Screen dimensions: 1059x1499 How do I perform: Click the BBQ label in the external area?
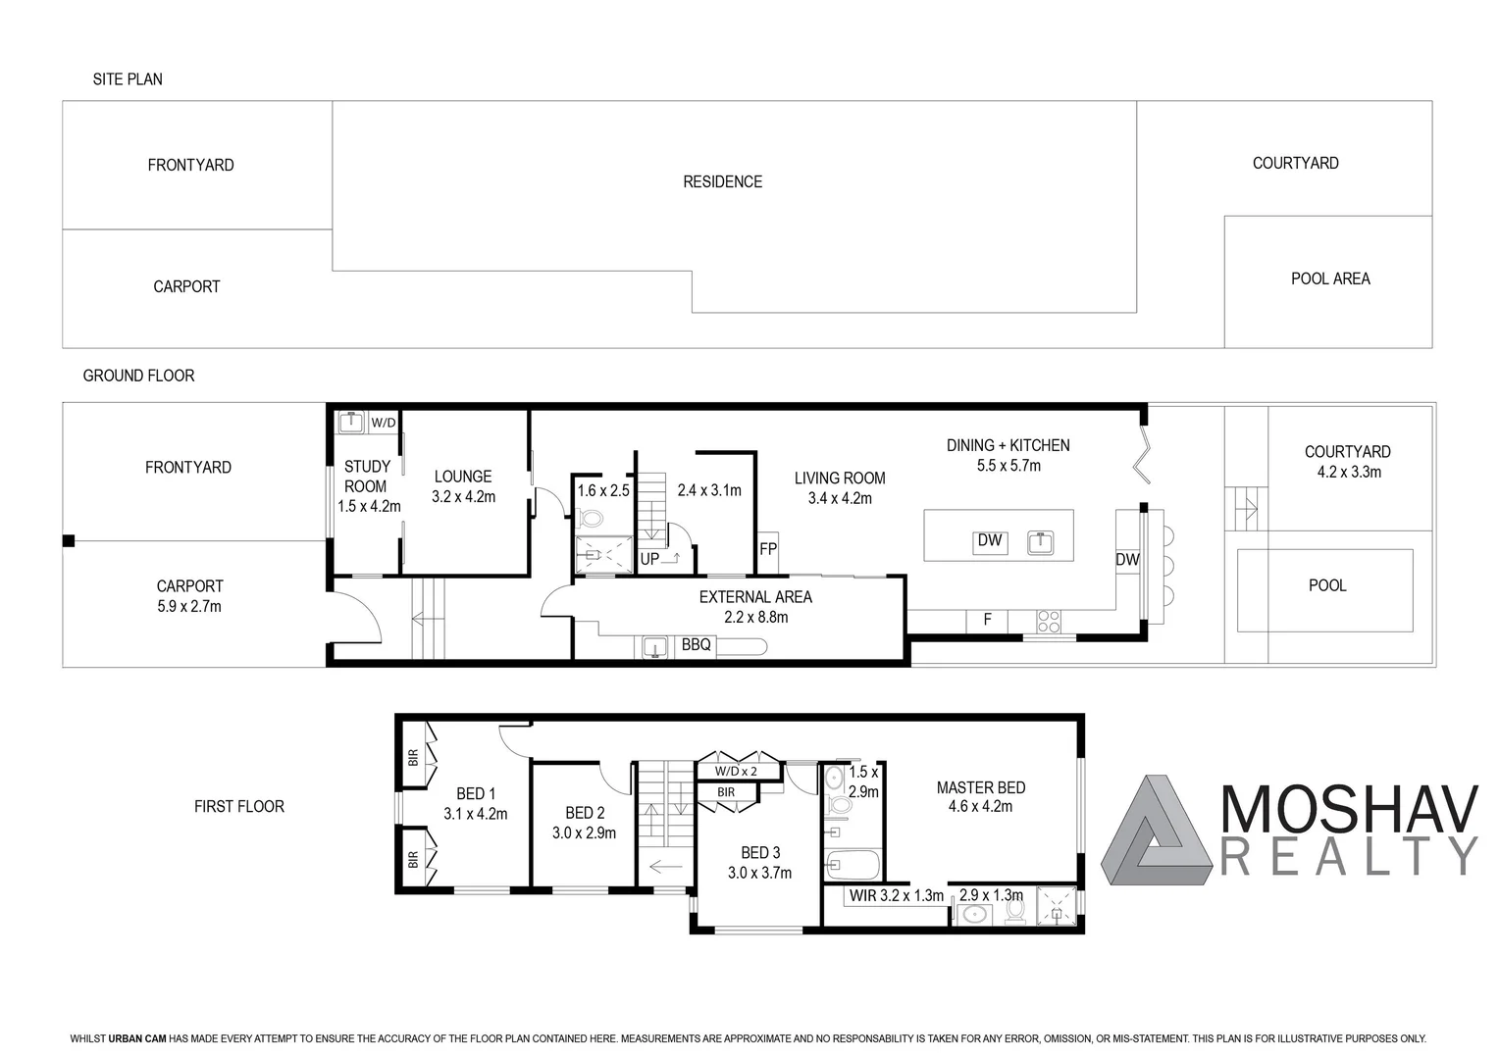pyautogui.click(x=696, y=645)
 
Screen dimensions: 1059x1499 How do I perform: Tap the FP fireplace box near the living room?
pyautogui.click(x=767, y=549)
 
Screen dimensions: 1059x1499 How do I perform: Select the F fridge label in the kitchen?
pyautogui.click(x=987, y=620)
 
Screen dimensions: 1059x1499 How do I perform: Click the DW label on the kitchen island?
pyautogui.click(x=990, y=540)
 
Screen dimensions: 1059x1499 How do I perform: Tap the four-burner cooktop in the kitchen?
pyautogui.click(x=1048, y=621)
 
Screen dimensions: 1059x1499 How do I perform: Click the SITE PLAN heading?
pyautogui.click(x=128, y=79)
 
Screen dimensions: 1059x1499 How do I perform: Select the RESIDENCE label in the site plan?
pyautogui.click(x=722, y=181)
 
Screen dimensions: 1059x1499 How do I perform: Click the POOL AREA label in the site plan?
pyautogui.click(x=1329, y=278)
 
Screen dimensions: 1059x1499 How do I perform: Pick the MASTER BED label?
pyautogui.click(x=980, y=787)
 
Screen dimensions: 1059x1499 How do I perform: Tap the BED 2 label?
pyautogui.click(x=585, y=813)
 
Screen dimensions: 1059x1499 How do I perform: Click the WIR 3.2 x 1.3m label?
pyautogui.click(x=896, y=895)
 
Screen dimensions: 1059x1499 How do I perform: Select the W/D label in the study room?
pyautogui.click(x=383, y=423)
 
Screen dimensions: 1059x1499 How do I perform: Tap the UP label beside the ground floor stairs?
pyautogui.click(x=649, y=559)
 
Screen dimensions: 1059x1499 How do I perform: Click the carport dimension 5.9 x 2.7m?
pyautogui.click(x=189, y=607)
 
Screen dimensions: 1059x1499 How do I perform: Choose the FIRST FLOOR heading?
pyautogui.click(x=238, y=806)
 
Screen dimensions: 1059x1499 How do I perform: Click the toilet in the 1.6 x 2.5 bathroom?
pyautogui.click(x=592, y=517)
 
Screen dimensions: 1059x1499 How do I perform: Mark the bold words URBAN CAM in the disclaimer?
pyautogui.click(x=136, y=1038)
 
